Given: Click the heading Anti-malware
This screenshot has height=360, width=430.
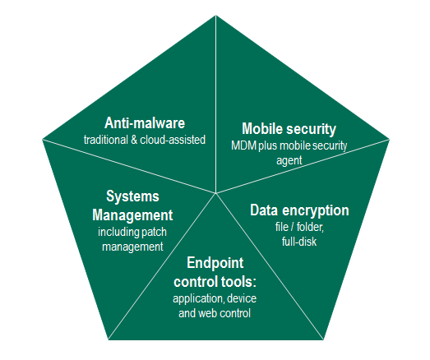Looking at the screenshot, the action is [x=145, y=122].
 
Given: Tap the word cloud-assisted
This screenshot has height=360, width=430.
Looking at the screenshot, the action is [x=173, y=140].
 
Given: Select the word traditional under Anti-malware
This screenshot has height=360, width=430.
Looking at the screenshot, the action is [x=106, y=140].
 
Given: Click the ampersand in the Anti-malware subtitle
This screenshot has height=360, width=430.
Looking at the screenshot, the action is [x=134, y=140].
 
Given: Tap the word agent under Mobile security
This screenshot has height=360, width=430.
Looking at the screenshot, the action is [x=289, y=161].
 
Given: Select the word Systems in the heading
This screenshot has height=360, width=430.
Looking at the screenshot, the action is [x=132, y=196].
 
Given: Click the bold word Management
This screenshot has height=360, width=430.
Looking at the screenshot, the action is [x=132, y=215].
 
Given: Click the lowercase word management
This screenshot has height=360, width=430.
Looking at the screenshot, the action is [x=132, y=247].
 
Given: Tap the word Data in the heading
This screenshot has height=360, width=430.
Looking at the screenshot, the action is [x=265, y=210].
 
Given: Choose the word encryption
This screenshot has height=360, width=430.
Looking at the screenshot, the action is [x=316, y=211].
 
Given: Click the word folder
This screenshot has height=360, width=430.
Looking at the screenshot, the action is [x=310, y=228].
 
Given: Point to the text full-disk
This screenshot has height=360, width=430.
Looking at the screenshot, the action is [x=299, y=242].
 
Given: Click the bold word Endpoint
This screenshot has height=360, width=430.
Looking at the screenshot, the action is [x=215, y=264].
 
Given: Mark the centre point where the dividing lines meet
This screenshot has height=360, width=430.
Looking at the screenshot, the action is [x=216, y=193].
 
